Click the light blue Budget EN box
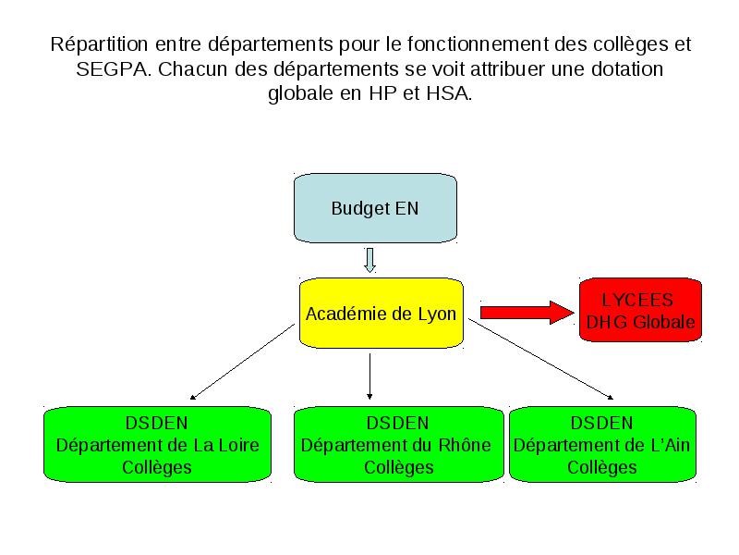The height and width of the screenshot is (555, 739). pyautogui.click(x=375, y=208)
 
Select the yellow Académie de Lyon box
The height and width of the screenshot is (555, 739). pyautogui.click(x=382, y=313)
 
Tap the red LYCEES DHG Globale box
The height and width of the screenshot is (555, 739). pyautogui.click(x=640, y=310)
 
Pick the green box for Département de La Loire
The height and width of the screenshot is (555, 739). pyautogui.click(x=157, y=445)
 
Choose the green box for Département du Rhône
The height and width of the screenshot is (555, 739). pyautogui.click(x=399, y=445)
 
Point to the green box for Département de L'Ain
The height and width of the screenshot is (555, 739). pyautogui.click(x=603, y=445)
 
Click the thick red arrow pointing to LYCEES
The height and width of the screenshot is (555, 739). pyautogui.click(x=527, y=313)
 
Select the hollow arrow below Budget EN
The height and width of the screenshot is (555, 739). pyautogui.click(x=370, y=260)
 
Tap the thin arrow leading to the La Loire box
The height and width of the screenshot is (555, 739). pyautogui.click(x=242, y=362)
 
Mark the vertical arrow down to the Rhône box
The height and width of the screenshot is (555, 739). pyautogui.click(x=370, y=376)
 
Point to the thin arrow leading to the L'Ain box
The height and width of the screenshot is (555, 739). pyautogui.click(x=541, y=359)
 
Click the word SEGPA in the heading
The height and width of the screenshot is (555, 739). pyautogui.click(x=111, y=69)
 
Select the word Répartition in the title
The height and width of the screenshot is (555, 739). pyautogui.click(x=100, y=44)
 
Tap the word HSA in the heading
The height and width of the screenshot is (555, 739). pyautogui.click(x=448, y=93)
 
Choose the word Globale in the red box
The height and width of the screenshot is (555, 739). pyautogui.click(x=663, y=322)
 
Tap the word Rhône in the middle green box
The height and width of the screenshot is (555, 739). pyautogui.click(x=465, y=445)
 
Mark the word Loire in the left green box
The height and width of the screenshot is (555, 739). pyautogui.click(x=238, y=445)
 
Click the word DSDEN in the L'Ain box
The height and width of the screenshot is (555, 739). pyautogui.click(x=602, y=423)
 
